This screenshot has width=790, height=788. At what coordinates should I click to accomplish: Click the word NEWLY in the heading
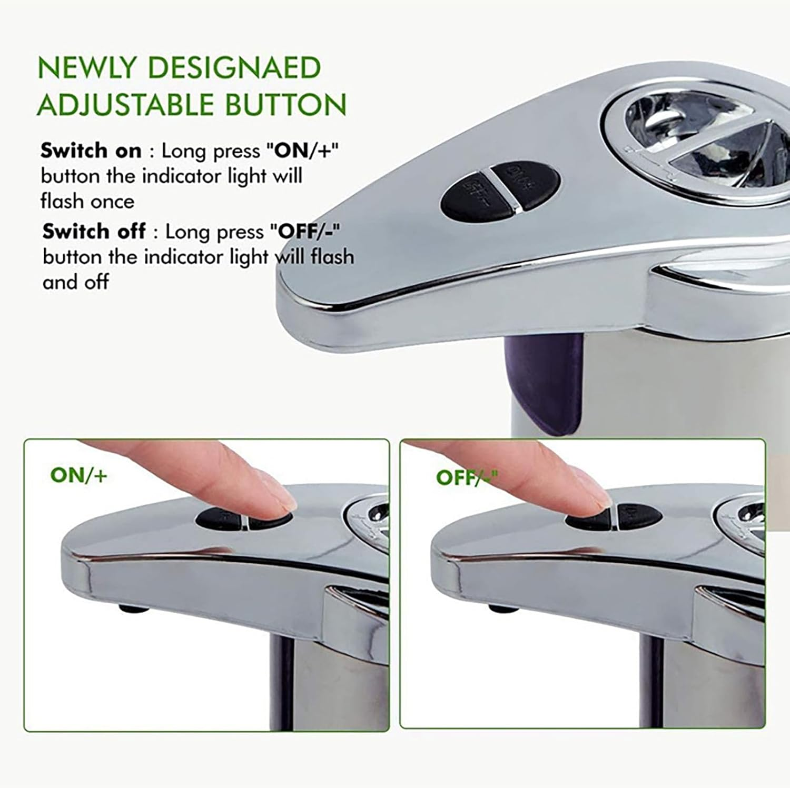pyautogui.click(x=86, y=68)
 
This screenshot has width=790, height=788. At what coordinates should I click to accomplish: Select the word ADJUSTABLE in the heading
pyautogui.click(x=126, y=104)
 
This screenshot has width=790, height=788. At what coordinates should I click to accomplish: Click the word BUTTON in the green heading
pyautogui.click(x=286, y=104)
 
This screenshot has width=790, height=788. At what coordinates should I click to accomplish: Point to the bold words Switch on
pyautogui.click(x=91, y=151)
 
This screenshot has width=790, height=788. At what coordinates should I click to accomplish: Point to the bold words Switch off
pyautogui.click(x=94, y=232)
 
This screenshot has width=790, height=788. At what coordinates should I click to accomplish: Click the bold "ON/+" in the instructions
pyautogui.click(x=303, y=151)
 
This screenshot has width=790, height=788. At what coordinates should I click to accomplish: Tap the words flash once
pyautogui.click(x=87, y=202)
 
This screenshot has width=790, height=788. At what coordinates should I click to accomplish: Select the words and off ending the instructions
pyautogui.click(x=76, y=283)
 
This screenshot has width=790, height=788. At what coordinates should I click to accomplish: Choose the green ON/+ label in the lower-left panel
pyautogui.click(x=79, y=475)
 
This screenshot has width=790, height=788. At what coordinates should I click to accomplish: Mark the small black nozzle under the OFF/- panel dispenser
pyautogui.click(x=502, y=610)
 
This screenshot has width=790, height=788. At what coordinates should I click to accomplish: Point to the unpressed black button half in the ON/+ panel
pyautogui.click(x=219, y=519)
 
